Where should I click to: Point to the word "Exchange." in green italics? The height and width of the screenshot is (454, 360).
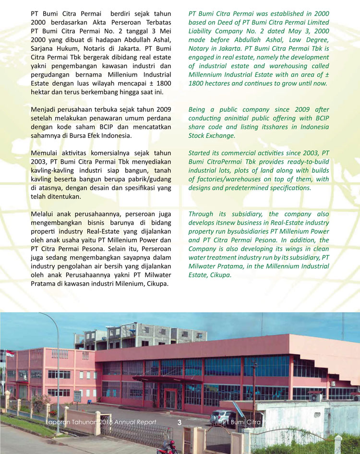tap(218, 136)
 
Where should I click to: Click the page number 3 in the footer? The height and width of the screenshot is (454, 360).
tap(180, 422)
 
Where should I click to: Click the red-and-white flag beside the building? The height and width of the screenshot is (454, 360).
tap(10, 354)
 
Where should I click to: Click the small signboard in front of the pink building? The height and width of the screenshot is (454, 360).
tap(77, 396)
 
